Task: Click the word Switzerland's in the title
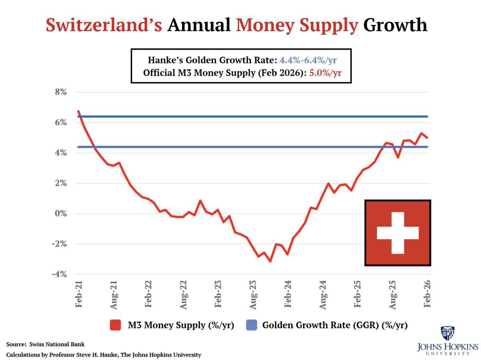pos(104,26)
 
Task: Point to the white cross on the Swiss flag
pos(398,233)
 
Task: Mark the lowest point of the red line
pos(271,261)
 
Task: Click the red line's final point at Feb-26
pos(428,138)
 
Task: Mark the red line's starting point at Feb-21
pos(79,111)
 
